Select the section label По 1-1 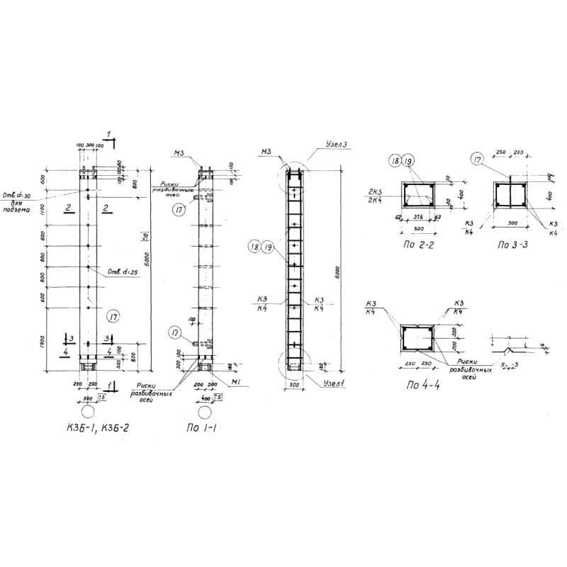click(x=202, y=427)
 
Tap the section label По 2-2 click(x=419, y=245)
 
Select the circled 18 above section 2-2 click(x=395, y=162)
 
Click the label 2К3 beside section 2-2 click(x=376, y=193)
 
